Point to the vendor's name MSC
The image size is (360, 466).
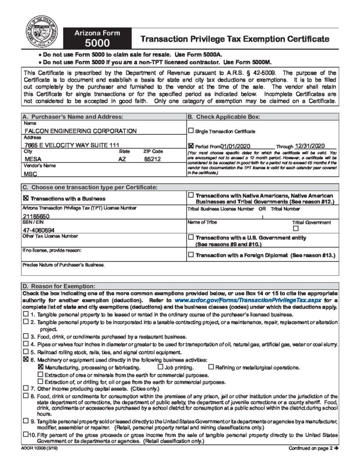[30, 174]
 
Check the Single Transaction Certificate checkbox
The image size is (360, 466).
[191, 131]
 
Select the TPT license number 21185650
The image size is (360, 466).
[37, 217]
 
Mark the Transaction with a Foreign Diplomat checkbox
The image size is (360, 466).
[191, 255]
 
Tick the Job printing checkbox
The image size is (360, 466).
[160, 367]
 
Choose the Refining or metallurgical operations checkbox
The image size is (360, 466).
[211, 367]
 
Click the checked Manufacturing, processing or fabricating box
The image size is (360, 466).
[41, 367]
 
